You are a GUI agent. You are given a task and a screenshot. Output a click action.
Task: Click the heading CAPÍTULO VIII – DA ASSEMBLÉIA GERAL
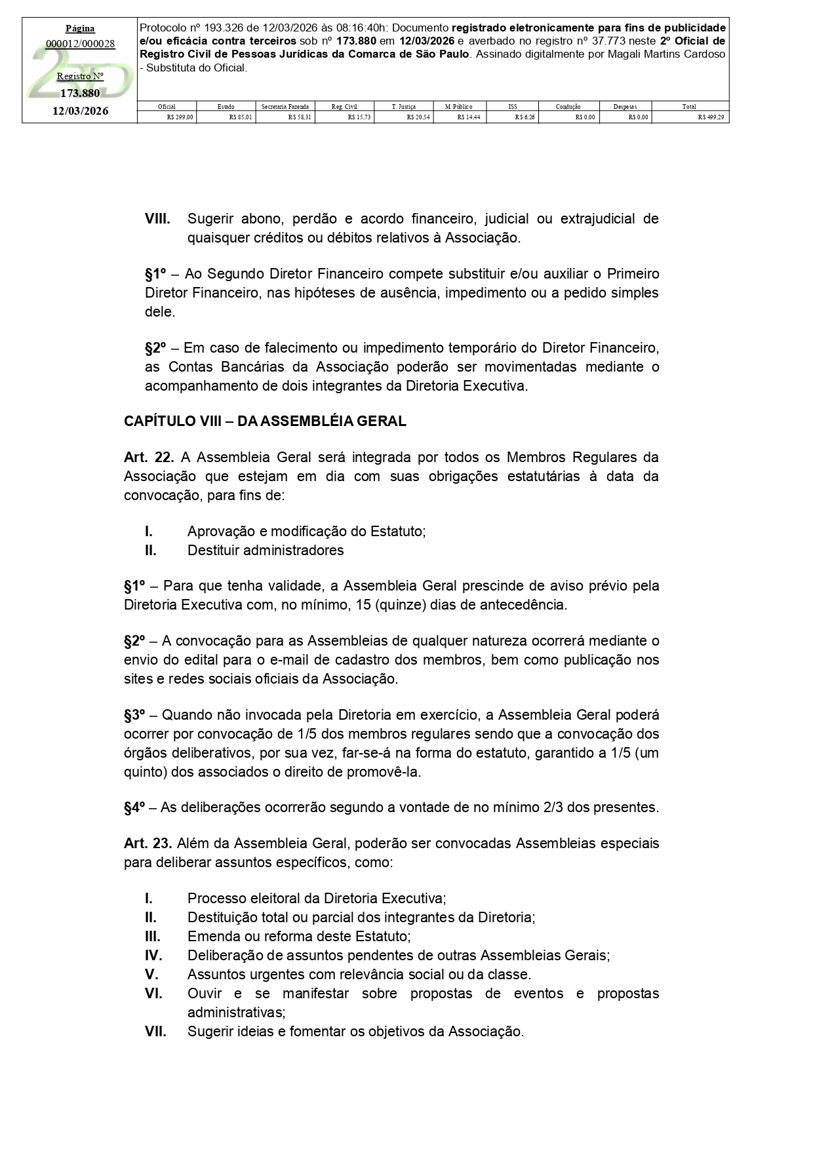pyautogui.click(x=265, y=421)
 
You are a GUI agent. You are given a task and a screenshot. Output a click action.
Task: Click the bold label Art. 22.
pyautogui.click(x=148, y=457)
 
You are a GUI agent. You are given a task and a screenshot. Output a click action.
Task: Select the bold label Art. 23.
pyautogui.click(x=148, y=843)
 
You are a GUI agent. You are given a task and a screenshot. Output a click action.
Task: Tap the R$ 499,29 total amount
pyautogui.click(x=711, y=117)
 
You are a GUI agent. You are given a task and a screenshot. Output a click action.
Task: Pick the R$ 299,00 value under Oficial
pyautogui.click(x=180, y=117)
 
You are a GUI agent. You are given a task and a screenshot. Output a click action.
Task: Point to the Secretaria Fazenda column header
pyautogui.click(x=285, y=106)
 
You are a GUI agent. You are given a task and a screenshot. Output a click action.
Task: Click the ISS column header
pyautogui.click(x=512, y=106)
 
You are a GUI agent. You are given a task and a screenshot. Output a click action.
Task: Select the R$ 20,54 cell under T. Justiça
pyautogui.click(x=418, y=117)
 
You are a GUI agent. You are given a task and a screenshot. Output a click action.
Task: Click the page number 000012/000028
pyautogui.click(x=80, y=44)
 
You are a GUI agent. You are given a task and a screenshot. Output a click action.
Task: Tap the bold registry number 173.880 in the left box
pyautogui.click(x=80, y=93)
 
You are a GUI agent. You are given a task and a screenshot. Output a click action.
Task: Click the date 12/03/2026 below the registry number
pyautogui.click(x=80, y=111)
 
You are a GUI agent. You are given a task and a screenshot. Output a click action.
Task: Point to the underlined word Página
pyautogui.click(x=80, y=28)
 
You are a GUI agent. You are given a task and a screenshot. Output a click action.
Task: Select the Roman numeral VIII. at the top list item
pyautogui.click(x=157, y=218)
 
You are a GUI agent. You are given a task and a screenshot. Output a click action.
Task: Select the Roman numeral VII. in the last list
pyautogui.click(x=155, y=1032)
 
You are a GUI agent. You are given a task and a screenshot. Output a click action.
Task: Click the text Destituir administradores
pyautogui.click(x=266, y=550)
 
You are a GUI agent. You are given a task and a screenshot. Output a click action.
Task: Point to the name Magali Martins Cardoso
pyautogui.click(x=660, y=54)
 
